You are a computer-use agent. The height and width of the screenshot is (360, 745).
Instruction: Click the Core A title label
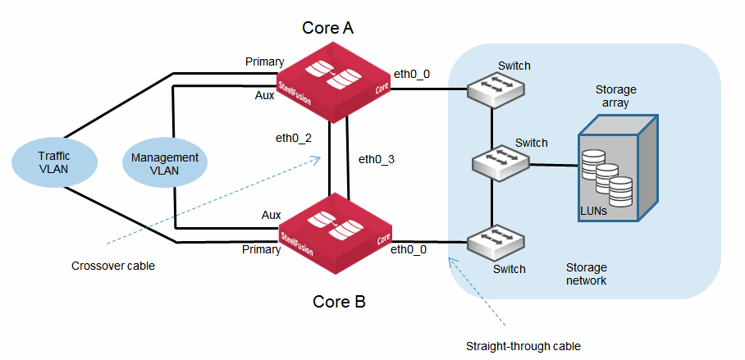pos(327,29)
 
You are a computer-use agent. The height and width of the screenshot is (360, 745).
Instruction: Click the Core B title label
pos(339,302)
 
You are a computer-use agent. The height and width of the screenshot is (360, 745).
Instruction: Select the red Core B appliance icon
pos(337,227)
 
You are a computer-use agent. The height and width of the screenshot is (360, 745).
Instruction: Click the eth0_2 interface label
pos(294,137)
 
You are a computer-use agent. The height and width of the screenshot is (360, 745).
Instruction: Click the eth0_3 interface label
pos(377,158)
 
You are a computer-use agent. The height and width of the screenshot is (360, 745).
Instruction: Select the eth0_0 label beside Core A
pos(411,74)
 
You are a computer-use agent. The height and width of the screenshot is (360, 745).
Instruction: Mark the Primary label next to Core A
pos(264,62)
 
